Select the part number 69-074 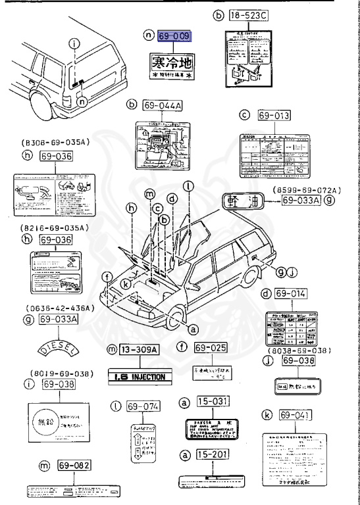(144, 406)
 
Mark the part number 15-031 (211, 401)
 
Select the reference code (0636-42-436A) (51, 308)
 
